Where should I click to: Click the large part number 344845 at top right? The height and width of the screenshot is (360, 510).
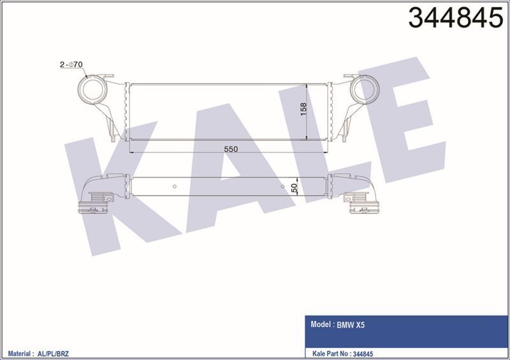pyautogui.click(x=455, y=19)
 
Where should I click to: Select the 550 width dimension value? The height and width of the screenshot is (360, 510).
pyautogui.click(x=230, y=148)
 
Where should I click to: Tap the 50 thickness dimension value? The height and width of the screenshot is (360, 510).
pyautogui.click(x=295, y=188)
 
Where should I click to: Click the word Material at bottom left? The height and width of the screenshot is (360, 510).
pyautogui.click(x=20, y=351)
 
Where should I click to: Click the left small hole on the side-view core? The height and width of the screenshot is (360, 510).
pyautogui.click(x=175, y=187)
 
